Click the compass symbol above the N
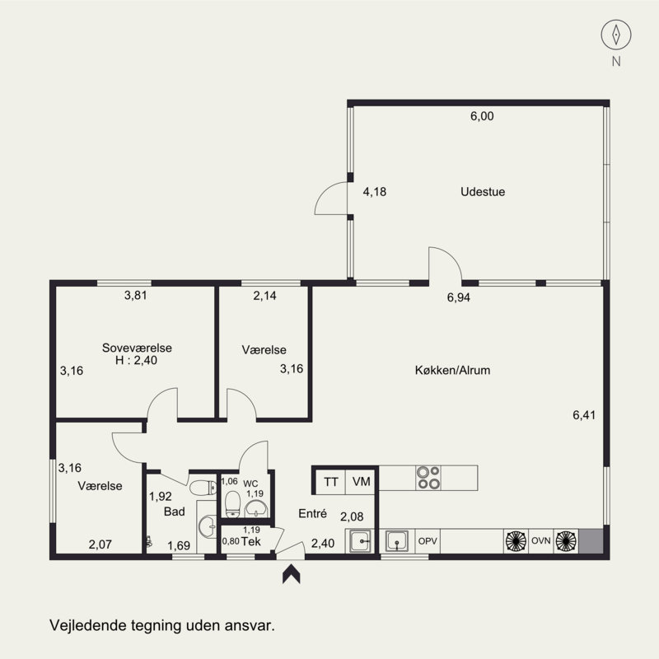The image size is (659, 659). [x=615, y=35]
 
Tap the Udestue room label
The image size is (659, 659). [x=483, y=192]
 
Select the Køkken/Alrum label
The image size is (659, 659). [x=452, y=370]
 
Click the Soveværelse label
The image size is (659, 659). [x=137, y=348]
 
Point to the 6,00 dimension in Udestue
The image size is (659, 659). [x=482, y=116]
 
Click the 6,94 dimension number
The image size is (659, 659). [x=459, y=297]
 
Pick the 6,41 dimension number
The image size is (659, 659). [x=584, y=415]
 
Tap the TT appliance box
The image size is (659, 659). [x=330, y=482]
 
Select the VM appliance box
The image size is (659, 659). [x=361, y=482]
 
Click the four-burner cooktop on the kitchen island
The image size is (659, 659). [x=428, y=478]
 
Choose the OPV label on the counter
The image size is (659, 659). [x=428, y=541]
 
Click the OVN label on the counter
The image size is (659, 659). [x=541, y=541]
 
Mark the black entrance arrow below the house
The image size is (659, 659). [x=292, y=574]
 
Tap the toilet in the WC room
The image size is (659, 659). [x=232, y=504]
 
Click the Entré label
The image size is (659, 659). [x=313, y=513]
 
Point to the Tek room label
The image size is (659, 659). [x=251, y=542]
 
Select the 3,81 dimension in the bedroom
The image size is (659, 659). [x=136, y=296]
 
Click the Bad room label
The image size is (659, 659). [x=175, y=512]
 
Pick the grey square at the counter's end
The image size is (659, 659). [x=591, y=541]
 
